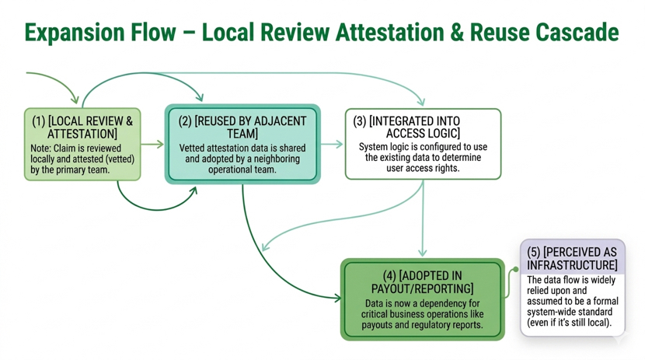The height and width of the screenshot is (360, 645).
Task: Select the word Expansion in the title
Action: point(75,33)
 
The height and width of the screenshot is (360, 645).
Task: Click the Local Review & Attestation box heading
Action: point(82,128)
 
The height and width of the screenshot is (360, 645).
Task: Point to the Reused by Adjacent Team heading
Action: point(242,128)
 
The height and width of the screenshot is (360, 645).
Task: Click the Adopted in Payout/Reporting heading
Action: point(423,281)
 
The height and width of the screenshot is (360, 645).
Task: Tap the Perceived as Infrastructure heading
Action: point(572,258)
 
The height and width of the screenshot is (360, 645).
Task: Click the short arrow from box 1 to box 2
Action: point(152,144)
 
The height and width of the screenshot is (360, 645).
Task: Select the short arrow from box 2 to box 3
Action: point(332,144)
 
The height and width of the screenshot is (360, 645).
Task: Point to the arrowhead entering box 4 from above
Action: point(423,252)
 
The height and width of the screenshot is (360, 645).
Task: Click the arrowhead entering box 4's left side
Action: point(337,298)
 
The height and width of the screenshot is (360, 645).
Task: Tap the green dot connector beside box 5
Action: point(515,270)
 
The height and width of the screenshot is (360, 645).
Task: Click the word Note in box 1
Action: point(40,148)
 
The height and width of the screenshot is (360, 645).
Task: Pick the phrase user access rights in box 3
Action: point(423,168)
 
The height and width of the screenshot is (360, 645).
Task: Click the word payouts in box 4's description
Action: point(377,325)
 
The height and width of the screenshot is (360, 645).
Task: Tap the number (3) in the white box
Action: point(360,121)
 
